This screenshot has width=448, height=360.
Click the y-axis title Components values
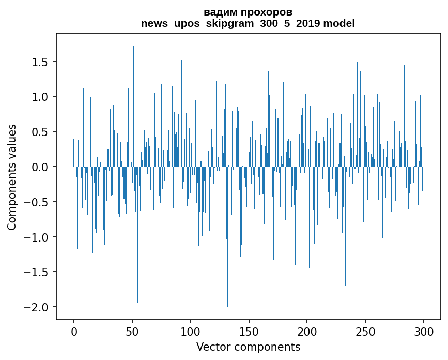point(12,177)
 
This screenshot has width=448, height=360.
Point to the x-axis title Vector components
point(248,347)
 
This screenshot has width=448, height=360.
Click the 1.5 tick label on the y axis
point(40,62)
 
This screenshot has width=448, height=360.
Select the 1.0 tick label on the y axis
point(40,97)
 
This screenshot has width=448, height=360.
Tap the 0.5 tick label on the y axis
point(40,132)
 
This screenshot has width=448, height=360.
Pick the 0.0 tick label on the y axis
point(40,167)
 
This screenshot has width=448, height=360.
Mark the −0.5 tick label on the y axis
point(37,202)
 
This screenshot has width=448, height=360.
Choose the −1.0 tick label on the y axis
point(37,237)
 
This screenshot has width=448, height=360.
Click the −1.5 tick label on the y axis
point(37,272)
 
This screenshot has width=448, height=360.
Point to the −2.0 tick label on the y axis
point(37,307)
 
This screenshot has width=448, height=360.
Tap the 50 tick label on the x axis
point(132,331)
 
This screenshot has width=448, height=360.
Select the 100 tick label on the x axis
point(191,331)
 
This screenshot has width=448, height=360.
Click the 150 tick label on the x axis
point(249,331)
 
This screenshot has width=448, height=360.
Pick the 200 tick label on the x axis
point(307,331)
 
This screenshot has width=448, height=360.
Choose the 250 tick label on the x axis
point(365,331)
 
